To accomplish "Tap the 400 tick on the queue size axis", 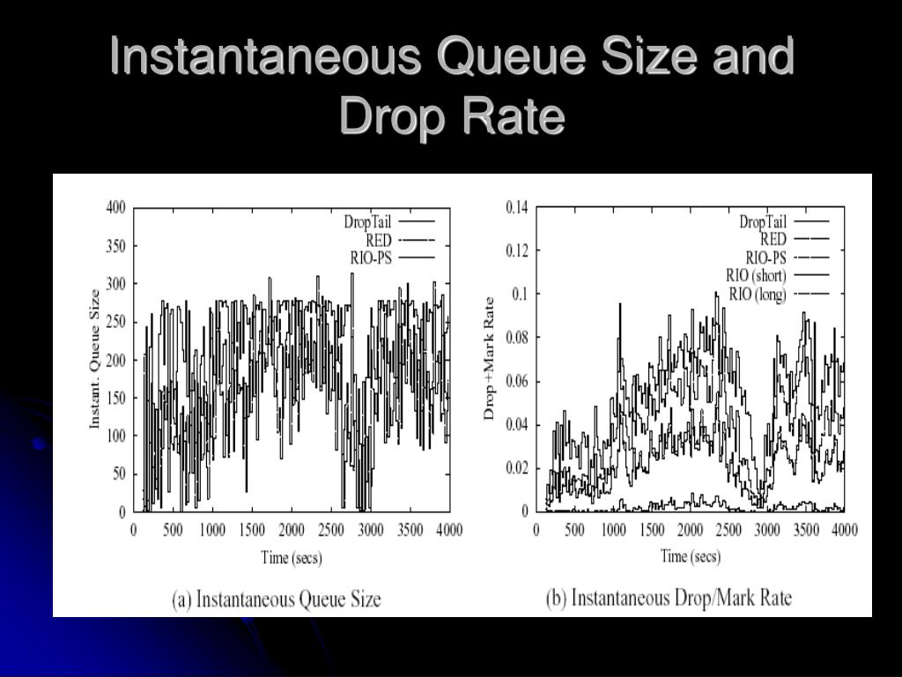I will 115,208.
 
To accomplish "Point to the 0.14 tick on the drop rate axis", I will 516,208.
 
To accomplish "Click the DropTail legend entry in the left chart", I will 367,222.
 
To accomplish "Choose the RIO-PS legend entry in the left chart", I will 372,257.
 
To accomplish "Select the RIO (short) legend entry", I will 756,276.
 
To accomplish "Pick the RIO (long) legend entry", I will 758,294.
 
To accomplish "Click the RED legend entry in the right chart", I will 773,240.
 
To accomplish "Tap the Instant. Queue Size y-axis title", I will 95,360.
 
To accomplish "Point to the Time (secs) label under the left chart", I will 291,557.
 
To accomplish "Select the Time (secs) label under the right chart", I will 691,556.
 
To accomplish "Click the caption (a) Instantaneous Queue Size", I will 276,599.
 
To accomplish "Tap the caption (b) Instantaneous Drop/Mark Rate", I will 669,599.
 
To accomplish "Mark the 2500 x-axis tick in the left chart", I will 330,530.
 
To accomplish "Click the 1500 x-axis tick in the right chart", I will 652,529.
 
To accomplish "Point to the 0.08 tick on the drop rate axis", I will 516,338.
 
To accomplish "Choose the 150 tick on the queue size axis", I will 115,398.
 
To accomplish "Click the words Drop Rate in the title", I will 451,116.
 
